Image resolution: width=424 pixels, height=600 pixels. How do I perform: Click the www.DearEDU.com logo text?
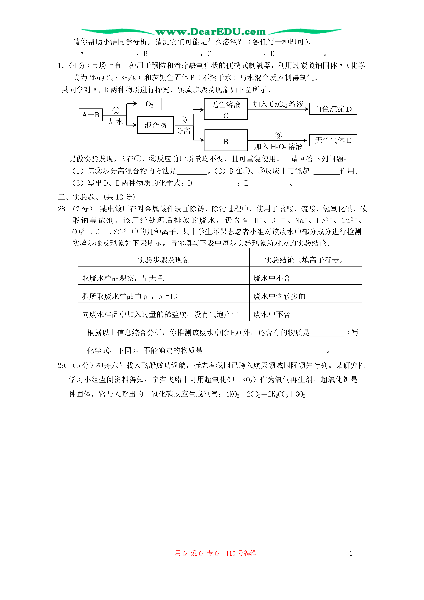point(210,32)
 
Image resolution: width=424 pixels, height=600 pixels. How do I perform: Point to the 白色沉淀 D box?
point(333,109)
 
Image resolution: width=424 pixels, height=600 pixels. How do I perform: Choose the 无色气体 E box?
point(333,140)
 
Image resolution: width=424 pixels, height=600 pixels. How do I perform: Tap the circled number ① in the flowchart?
point(116,111)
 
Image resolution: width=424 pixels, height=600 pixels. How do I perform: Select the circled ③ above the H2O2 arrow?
point(278,135)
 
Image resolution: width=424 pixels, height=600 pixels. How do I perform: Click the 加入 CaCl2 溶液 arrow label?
point(278,104)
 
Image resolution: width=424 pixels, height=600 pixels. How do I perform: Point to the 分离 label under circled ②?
point(183,131)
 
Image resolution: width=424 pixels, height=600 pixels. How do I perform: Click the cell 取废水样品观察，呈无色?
point(123,278)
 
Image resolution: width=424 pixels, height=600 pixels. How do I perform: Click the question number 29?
point(62,365)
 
